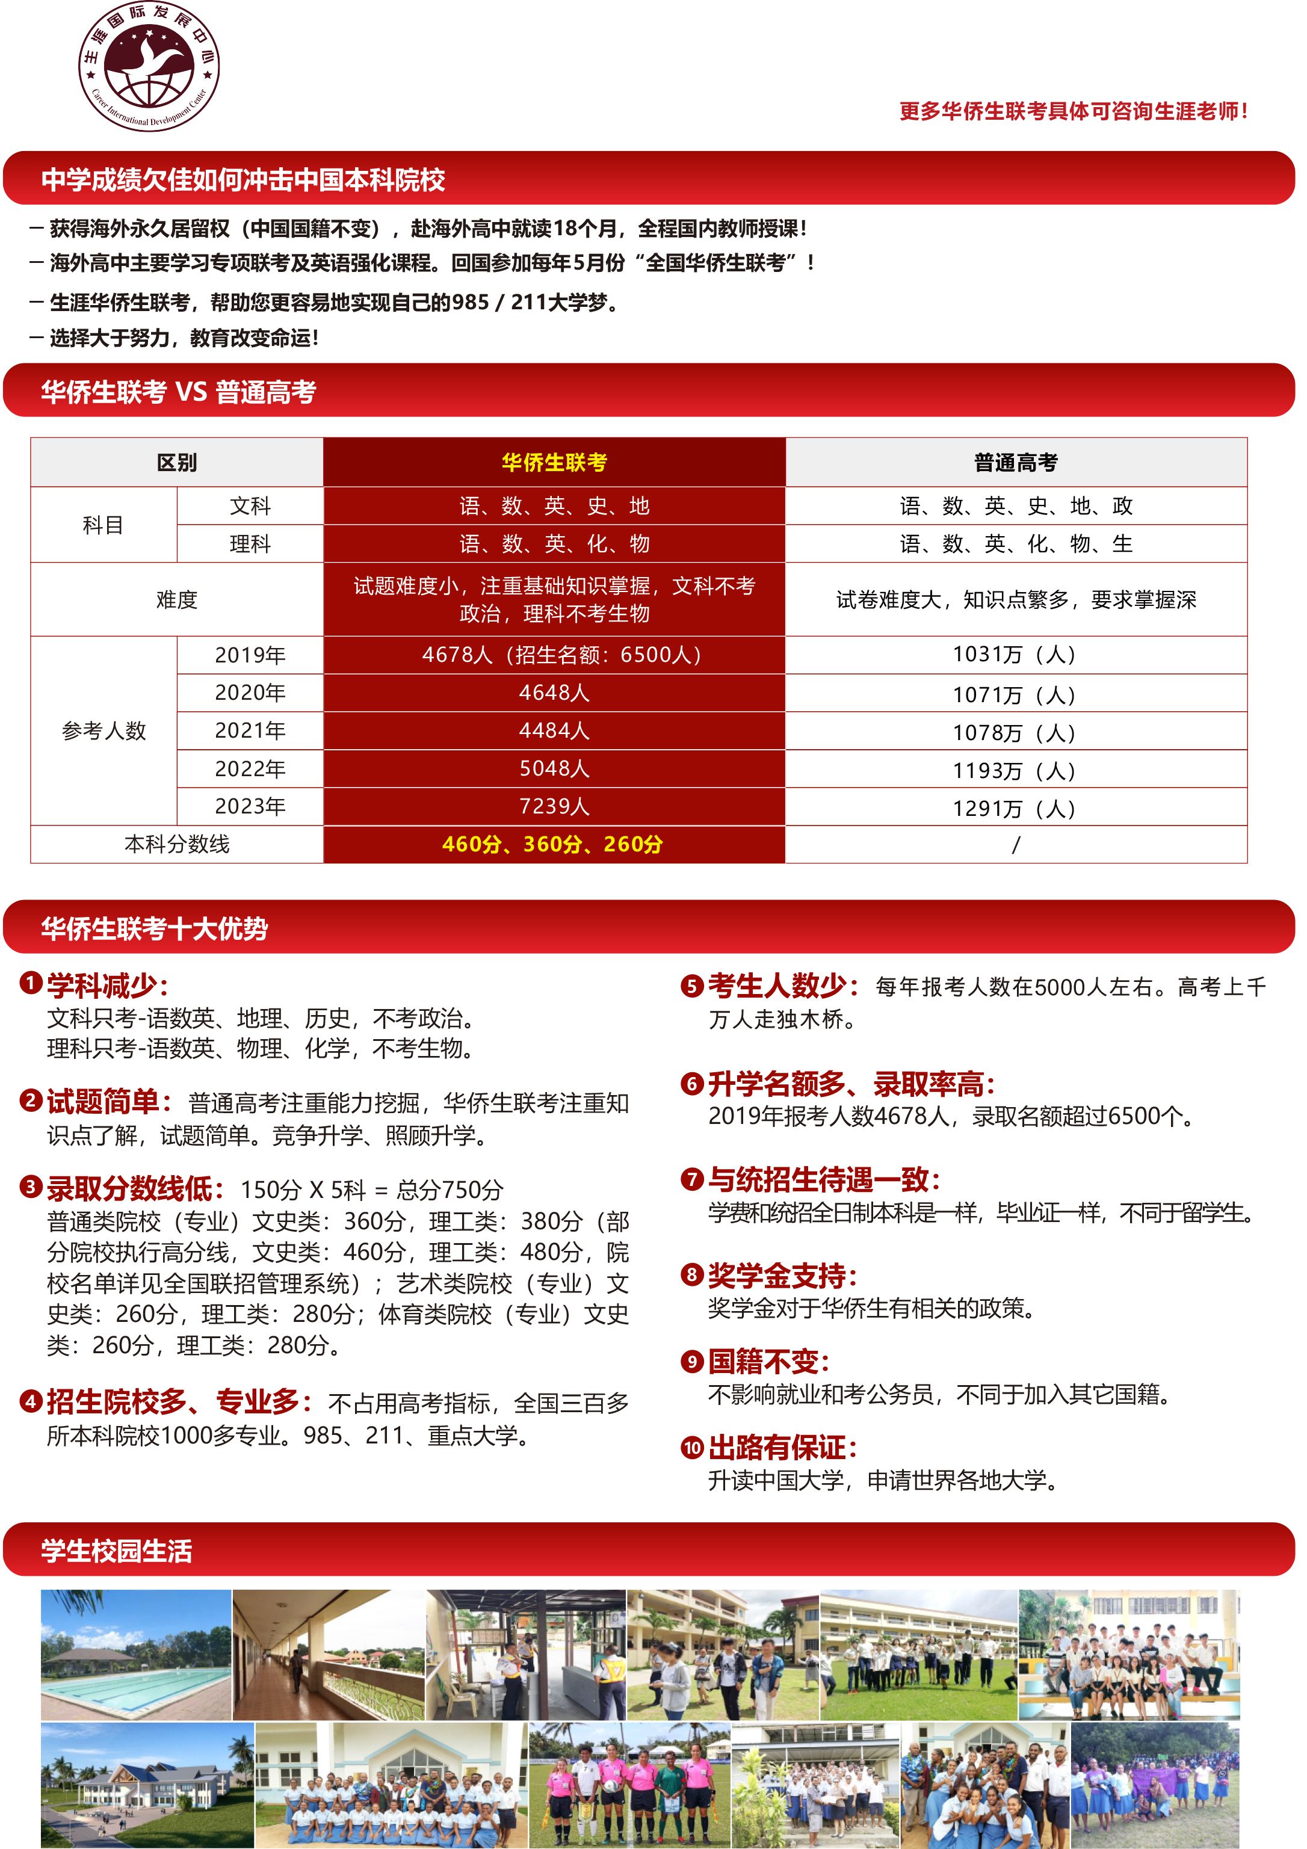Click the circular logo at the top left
pos(149,66)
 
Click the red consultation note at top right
pos(1073,111)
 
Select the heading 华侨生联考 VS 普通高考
pos(179,392)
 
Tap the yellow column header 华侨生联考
pos(554,462)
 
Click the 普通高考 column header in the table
pos(1016,462)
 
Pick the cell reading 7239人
pos(554,806)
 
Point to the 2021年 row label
pos(250,730)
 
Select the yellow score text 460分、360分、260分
pos(553,844)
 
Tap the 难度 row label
pos(176,599)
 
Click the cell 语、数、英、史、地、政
pos(1016,506)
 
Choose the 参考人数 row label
pos(104,730)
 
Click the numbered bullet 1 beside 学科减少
pos(31,983)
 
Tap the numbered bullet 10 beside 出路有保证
pos(692,1447)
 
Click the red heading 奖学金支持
pos(782,1276)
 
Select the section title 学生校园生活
pos(117,1551)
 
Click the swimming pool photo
pos(136,1654)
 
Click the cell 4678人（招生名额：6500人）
pos(554,655)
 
